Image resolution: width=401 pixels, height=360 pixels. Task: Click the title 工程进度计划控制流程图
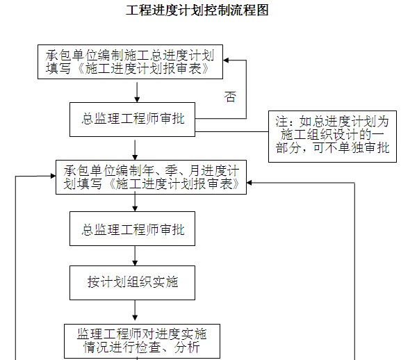197,10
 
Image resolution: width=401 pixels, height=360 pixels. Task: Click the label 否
230,97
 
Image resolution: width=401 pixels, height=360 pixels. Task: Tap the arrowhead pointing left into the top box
226,60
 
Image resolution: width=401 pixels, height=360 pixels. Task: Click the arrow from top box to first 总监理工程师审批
137,92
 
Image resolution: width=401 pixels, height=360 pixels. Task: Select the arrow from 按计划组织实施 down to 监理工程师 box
135,310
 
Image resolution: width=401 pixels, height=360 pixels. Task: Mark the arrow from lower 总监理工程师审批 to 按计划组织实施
135,256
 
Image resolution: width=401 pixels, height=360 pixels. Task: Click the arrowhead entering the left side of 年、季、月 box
54,176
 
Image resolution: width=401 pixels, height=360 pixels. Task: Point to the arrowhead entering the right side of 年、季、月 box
249,183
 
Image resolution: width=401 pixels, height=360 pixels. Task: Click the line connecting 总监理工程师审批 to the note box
231,131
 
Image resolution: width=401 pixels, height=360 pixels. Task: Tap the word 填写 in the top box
58,69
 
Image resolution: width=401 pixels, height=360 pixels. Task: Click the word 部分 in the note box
288,148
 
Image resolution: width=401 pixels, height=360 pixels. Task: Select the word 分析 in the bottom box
187,347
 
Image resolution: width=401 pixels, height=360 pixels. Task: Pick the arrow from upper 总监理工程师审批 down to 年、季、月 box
135,150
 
